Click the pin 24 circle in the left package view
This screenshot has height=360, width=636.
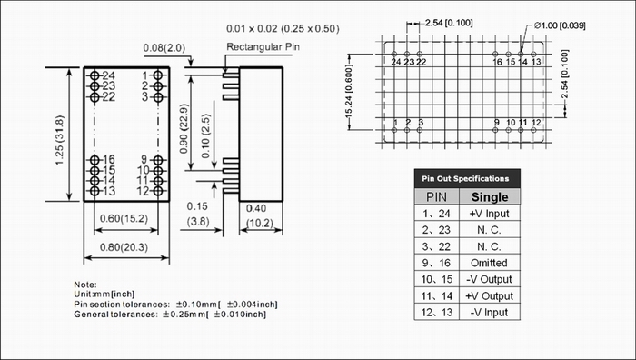94,75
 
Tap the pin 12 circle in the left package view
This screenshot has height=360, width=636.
158,191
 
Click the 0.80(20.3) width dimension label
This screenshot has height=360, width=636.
124,247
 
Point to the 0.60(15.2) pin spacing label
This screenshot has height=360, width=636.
124,218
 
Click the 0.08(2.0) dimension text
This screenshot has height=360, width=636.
164,48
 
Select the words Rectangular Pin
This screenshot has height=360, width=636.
263,47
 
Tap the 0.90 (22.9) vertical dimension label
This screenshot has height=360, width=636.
184,129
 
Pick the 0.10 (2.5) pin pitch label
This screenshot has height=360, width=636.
205,136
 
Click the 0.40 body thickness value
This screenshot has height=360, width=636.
256,208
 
